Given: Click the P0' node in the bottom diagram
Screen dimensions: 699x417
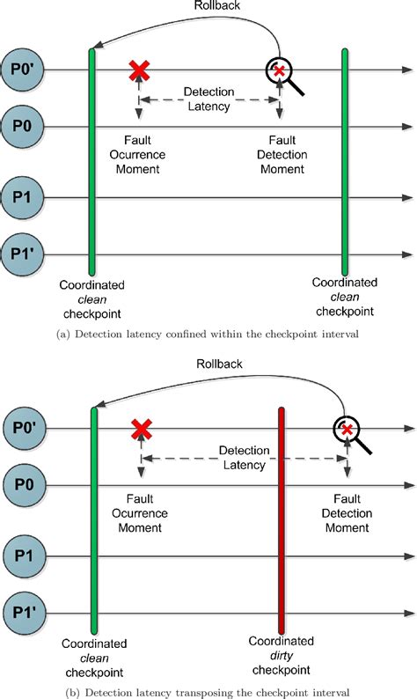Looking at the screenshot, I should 20,429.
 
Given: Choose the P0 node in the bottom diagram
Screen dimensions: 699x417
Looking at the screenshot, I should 20,484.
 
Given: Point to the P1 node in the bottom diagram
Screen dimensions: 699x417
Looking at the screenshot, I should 20,555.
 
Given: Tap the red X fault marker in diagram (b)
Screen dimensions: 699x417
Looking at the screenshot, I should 140,430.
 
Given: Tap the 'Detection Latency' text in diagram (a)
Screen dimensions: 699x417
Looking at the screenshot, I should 208,99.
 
